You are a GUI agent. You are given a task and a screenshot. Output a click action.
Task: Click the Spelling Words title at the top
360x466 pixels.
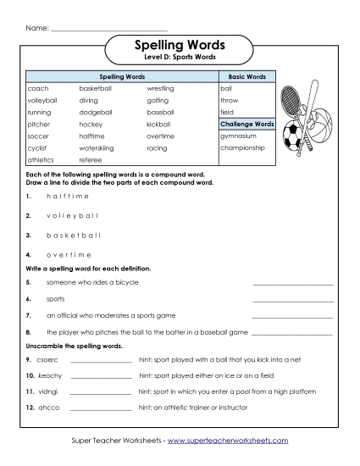(x=180, y=44)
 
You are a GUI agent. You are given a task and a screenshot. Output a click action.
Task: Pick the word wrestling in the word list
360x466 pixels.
(x=160, y=88)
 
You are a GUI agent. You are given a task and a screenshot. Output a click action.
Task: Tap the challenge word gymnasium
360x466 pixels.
(x=238, y=136)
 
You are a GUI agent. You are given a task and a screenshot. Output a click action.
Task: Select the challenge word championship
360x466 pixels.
(x=242, y=147)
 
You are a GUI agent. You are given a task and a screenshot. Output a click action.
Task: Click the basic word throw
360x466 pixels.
(x=230, y=100)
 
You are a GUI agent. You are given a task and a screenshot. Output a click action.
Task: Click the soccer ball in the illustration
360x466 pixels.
(x=292, y=136)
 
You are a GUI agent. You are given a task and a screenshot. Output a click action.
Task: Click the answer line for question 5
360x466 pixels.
(x=292, y=284)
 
